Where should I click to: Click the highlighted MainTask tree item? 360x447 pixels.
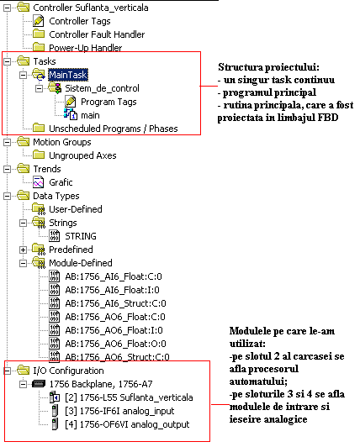coord(68,75)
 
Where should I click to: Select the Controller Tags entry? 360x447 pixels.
coord(80,21)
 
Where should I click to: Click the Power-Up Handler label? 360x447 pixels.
coord(85,48)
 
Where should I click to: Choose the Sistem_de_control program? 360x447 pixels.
coord(102,88)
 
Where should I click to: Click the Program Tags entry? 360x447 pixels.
coord(109,102)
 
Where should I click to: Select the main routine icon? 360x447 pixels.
coord(70,115)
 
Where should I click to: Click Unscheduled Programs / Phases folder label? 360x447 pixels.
coord(114,129)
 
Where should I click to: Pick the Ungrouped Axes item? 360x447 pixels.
coord(82,155)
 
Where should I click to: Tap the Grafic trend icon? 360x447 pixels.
coord(38,182)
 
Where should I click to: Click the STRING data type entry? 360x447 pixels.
coord(81,236)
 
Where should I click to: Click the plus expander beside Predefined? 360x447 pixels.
coord(23,250)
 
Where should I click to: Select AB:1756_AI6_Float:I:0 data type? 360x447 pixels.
coord(112,290)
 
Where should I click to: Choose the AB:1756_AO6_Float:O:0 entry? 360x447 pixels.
coord(115,344)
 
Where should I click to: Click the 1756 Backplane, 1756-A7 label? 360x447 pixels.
coord(101,384)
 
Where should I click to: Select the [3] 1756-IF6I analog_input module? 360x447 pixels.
coord(119,411)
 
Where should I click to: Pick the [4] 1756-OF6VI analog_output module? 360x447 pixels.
coord(127,424)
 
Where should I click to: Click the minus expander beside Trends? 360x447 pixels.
coord(7,170)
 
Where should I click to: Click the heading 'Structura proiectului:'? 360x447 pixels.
coord(268,67)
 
